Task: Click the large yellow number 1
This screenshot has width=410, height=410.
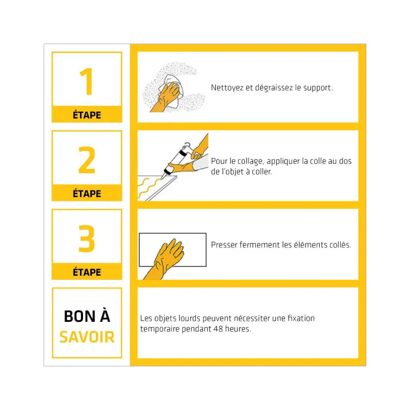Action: (x=87, y=81)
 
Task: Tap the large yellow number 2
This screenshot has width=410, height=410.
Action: (x=87, y=160)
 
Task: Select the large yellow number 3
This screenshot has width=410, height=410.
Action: (x=87, y=238)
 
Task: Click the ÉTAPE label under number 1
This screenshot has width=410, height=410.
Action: (x=87, y=115)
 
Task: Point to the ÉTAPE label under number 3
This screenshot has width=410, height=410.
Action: (x=87, y=272)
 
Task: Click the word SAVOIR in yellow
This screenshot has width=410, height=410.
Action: (x=87, y=337)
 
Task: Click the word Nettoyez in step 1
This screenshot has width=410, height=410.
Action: (x=227, y=88)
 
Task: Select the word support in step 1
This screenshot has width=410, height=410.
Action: (x=318, y=88)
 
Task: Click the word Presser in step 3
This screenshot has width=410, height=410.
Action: (x=224, y=245)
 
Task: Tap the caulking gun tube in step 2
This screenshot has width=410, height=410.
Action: (x=175, y=160)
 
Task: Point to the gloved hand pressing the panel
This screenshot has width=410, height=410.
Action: (x=165, y=258)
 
